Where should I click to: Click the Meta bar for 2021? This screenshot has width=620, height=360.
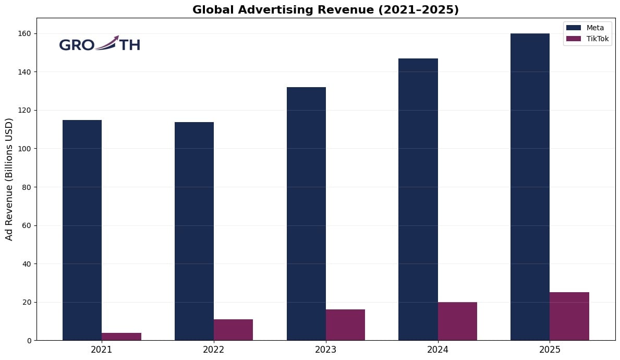tap(82, 230)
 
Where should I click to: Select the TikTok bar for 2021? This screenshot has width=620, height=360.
tap(121, 337)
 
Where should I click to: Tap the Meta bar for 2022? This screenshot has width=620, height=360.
tap(194, 231)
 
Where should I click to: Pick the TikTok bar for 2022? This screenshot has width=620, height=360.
tap(233, 330)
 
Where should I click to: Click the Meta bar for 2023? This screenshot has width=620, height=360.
tap(306, 213)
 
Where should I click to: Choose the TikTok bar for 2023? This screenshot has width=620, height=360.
tap(345, 325)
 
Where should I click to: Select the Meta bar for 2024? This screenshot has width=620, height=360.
tap(418, 199)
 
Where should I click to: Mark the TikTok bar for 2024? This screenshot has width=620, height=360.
tap(457, 321)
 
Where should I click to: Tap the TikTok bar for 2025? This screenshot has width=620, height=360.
tap(569, 316)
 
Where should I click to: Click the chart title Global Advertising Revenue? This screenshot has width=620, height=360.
tap(325, 10)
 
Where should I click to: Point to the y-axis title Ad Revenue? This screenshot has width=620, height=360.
tap(9, 179)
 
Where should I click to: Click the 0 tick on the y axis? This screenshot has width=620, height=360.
tap(29, 340)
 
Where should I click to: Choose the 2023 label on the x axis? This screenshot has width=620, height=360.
tap(325, 350)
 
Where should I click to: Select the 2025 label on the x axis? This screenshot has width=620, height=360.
tap(550, 350)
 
